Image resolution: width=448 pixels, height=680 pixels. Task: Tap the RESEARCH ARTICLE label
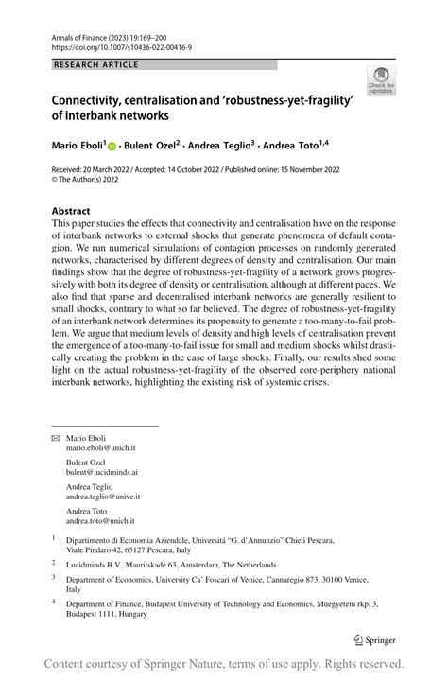[95, 64]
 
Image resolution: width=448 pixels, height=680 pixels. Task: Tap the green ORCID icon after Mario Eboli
[112, 148]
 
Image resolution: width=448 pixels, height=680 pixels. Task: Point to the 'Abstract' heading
[71, 211]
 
